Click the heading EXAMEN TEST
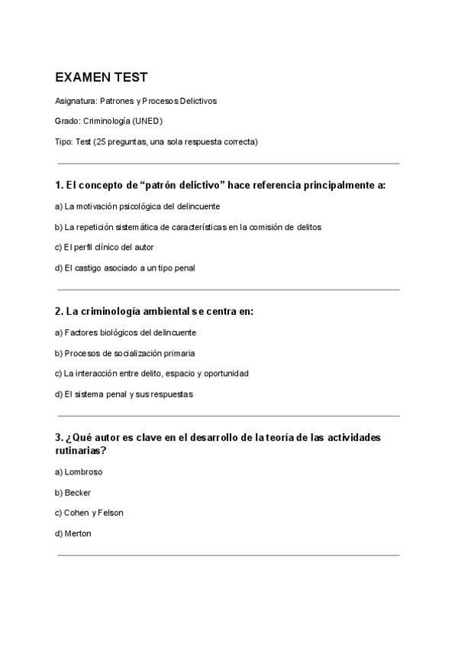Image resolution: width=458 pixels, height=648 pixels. click(x=101, y=77)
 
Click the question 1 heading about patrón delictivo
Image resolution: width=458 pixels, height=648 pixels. click(x=220, y=185)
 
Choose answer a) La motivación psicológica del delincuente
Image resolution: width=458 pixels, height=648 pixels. click(x=137, y=206)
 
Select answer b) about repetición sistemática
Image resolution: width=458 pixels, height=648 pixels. click(x=188, y=227)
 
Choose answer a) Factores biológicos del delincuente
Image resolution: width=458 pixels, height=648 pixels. click(x=125, y=332)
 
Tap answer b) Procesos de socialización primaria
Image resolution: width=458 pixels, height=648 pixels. click(x=124, y=353)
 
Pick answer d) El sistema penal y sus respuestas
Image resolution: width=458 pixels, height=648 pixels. click(x=124, y=394)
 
